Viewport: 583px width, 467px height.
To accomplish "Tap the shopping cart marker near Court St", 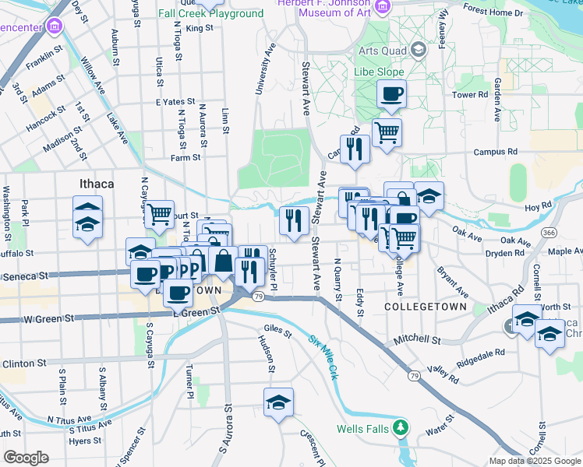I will click(159, 213).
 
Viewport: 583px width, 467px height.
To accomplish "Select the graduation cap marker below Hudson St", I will click(278, 403).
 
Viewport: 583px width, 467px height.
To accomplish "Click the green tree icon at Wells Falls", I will click(400, 427).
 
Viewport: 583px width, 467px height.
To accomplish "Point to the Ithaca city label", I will click(97, 184).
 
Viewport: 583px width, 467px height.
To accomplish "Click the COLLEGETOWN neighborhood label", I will click(426, 307).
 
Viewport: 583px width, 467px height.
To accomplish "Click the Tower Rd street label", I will click(470, 95).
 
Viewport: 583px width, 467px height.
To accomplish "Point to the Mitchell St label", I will click(417, 340).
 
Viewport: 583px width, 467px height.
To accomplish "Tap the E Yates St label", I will click(175, 102).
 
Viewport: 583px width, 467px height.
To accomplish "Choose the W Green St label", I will click(49, 319).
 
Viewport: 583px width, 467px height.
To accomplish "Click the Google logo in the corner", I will click(26, 457).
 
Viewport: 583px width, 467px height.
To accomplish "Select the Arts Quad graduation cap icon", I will click(419, 50).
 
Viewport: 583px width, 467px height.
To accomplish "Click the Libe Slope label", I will click(381, 72).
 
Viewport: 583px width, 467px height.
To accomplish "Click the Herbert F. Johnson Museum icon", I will click(382, 8).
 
